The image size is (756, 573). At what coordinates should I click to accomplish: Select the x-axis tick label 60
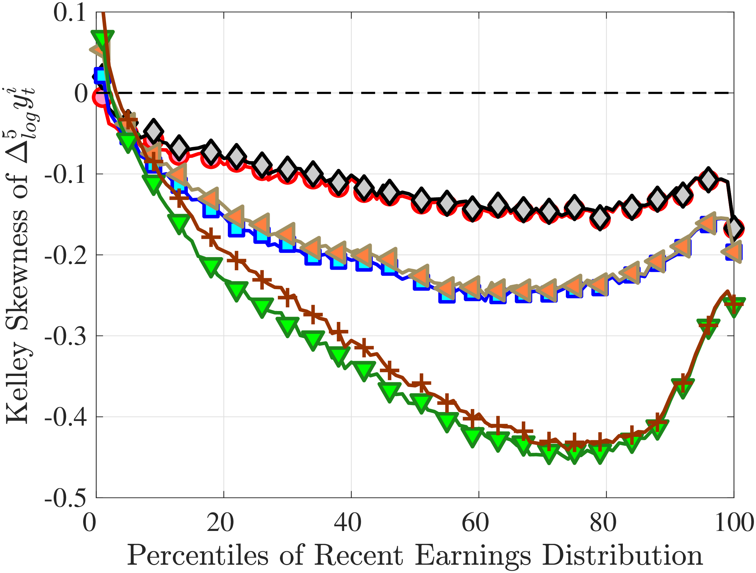pyautogui.click(x=475, y=523)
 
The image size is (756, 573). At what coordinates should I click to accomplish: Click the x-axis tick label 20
pyautogui.click(x=220, y=523)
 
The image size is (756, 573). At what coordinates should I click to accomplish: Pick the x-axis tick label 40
pyautogui.click(x=348, y=523)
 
